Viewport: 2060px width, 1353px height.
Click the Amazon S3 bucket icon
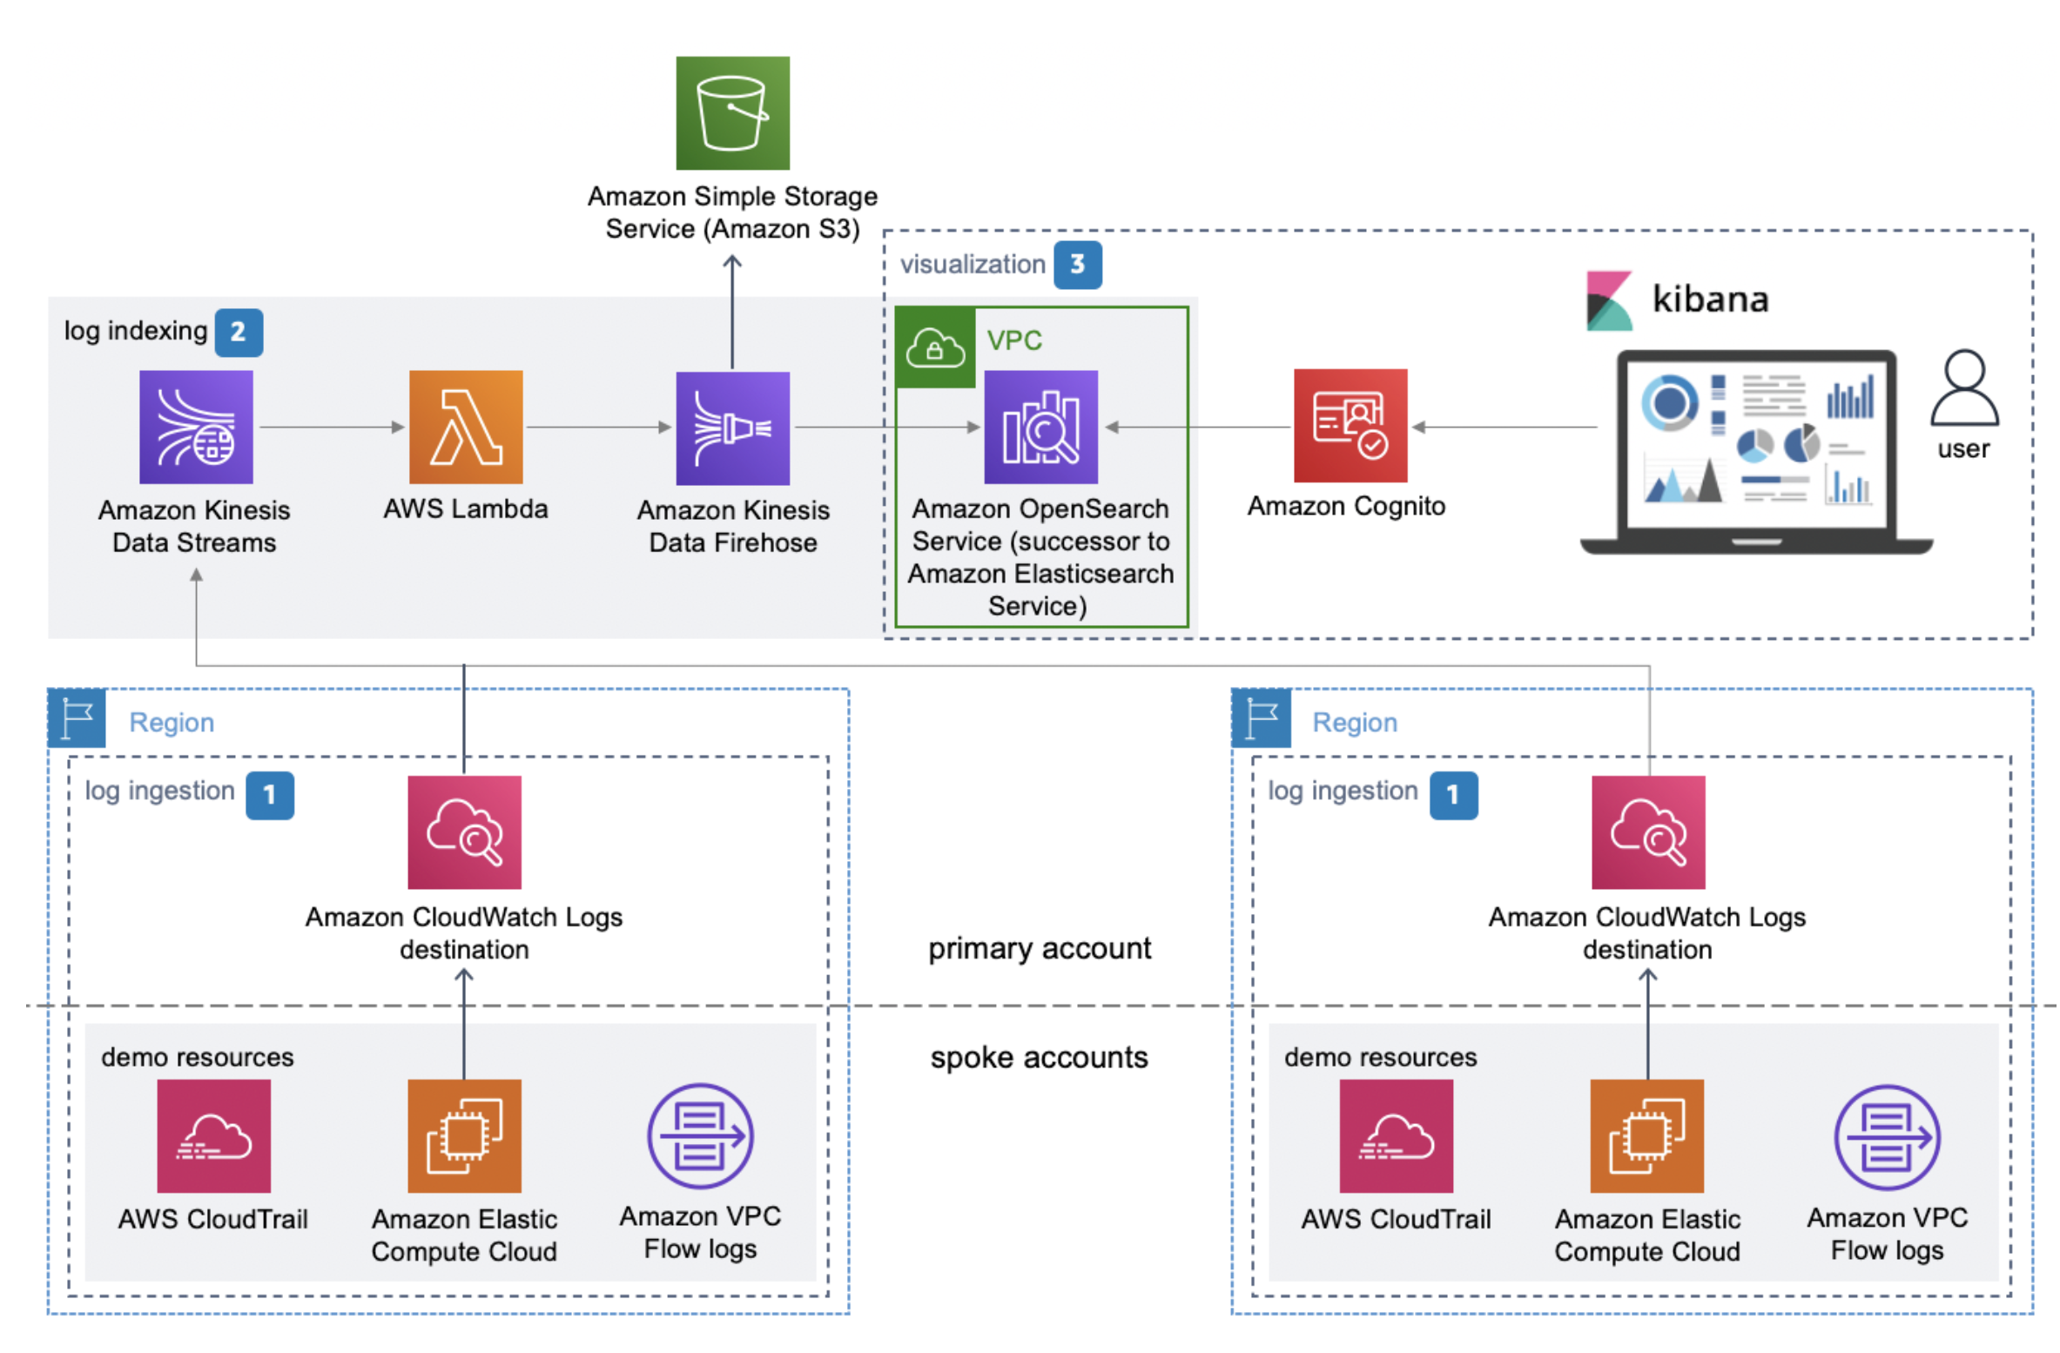click(x=732, y=113)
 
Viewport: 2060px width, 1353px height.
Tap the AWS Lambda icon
click(x=466, y=427)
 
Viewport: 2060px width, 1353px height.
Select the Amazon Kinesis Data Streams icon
click(x=196, y=427)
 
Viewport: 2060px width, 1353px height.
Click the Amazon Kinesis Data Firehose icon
click(x=732, y=427)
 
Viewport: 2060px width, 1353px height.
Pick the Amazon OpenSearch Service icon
click(x=1040, y=427)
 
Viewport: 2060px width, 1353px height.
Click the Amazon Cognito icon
click(x=1350, y=425)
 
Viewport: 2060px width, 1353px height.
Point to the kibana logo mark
click(x=1608, y=300)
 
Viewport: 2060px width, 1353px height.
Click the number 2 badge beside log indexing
click(x=239, y=332)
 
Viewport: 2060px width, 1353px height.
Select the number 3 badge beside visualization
click(x=1077, y=265)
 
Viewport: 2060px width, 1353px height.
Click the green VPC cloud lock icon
click(x=934, y=347)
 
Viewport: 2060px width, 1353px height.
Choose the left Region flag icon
click(x=77, y=718)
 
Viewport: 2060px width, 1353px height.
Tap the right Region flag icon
click(x=1261, y=718)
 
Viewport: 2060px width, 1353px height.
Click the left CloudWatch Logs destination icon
click(x=464, y=831)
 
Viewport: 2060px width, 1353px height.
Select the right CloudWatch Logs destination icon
click(x=1647, y=831)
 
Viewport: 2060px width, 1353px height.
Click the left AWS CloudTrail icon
click(x=213, y=1135)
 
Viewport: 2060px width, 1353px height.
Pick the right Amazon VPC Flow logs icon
click(x=1886, y=1136)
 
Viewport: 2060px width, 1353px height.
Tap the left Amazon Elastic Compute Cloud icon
click(x=464, y=1135)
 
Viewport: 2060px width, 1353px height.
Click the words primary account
click(x=1039, y=947)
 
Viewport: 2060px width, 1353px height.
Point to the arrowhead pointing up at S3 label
click(x=732, y=260)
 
